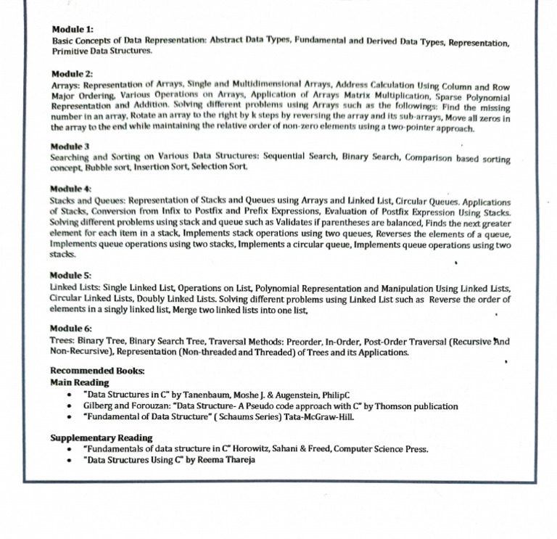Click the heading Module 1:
pyautogui.click(x=73, y=29)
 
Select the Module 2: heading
pyautogui.click(x=73, y=74)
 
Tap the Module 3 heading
pyautogui.click(x=70, y=147)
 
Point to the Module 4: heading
pyautogui.click(x=71, y=189)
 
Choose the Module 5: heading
pyautogui.click(x=71, y=276)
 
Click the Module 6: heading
pyautogui.click(x=71, y=329)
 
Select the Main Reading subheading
pyautogui.click(x=80, y=382)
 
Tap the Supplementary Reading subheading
pyautogui.click(x=102, y=437)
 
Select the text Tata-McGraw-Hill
pyautogui.click(x=319, y=418)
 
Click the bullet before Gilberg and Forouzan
pyautogui.click(x=68, y=406)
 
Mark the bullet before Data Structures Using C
pyautogui.click(x=68, y=460)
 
